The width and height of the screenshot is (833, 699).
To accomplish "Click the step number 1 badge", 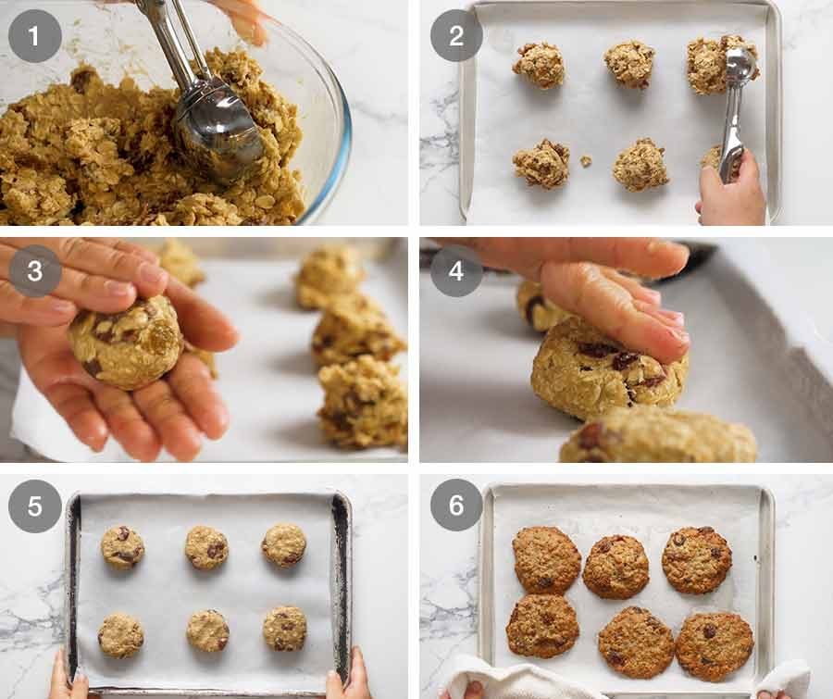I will pos(35,36).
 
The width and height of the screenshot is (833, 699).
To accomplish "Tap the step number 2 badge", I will pos(456,36).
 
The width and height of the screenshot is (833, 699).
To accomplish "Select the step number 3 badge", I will pos(35,270).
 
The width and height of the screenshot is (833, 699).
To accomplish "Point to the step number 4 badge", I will pos(456,270).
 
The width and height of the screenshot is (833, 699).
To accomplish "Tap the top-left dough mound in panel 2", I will pos(540,64).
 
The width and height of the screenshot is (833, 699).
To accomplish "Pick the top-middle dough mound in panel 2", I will pos(630,63).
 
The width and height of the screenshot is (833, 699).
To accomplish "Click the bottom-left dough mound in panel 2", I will pos(542,164).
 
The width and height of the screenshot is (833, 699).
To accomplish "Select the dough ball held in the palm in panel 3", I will pos(125,342).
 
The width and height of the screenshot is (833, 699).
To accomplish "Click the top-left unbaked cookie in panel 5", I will pos(122,546).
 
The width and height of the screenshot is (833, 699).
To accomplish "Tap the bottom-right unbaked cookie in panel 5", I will pos(284,629).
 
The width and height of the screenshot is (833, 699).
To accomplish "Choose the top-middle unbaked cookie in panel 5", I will pos(206,547).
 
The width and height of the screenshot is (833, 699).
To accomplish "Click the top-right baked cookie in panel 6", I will pos(696,559).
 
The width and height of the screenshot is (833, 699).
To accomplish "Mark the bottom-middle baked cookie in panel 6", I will pos(636,642).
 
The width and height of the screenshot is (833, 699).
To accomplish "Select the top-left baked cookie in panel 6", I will pos(547,559).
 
